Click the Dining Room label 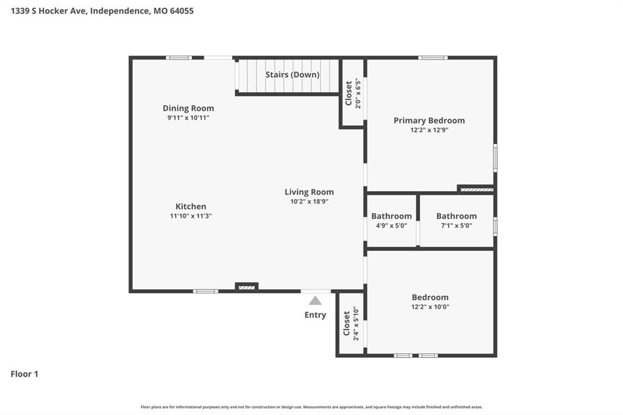tap(189, 108)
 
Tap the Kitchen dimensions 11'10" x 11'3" tap(190, 216)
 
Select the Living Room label tap(309, 192)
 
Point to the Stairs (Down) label tap(293, 75)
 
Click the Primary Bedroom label tap(429, 120)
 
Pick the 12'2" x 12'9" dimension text tap(429, 130)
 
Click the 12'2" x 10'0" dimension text tap(430, 307)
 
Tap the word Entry tap(315, 315)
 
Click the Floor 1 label tap(24, 374)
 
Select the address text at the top tap(102, 11)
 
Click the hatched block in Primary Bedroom tap(476, 190)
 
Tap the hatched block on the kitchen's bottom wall tap(246, 287)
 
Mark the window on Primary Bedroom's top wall tap(433, 58)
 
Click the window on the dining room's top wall tap(179, 58)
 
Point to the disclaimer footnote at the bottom tap(311, 407)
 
